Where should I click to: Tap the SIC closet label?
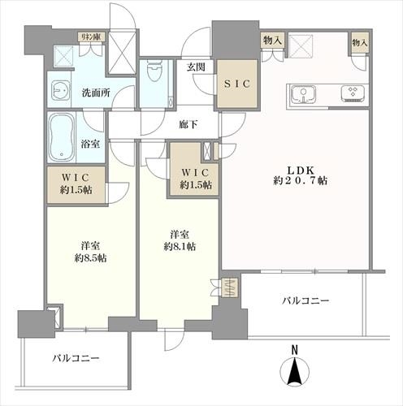236,83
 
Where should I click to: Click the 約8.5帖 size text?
89,258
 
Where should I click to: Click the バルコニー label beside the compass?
305,301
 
